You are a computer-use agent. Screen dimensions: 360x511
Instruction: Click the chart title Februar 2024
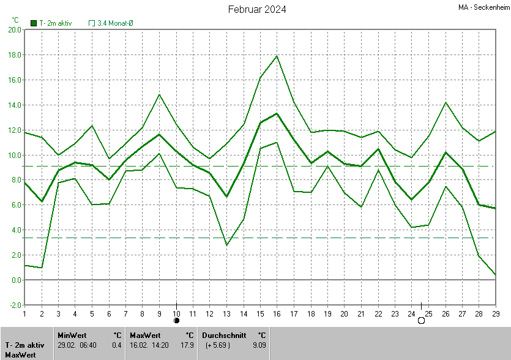257,9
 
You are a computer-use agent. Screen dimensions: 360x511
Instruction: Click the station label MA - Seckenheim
483,8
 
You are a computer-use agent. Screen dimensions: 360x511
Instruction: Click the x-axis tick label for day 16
277,313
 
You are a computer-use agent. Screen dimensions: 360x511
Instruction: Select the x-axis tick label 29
494,313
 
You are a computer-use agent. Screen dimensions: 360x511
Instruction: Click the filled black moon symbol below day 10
176,320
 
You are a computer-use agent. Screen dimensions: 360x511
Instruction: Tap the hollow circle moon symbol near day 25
421,320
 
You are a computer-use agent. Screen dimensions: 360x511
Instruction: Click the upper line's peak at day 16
277,56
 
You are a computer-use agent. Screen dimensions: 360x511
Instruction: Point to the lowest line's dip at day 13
226,245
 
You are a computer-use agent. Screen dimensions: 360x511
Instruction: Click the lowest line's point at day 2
41,268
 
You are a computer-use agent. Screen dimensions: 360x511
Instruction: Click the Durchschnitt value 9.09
259,345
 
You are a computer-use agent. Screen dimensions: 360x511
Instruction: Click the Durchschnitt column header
224,335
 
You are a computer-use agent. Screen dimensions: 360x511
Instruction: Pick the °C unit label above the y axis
15,20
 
